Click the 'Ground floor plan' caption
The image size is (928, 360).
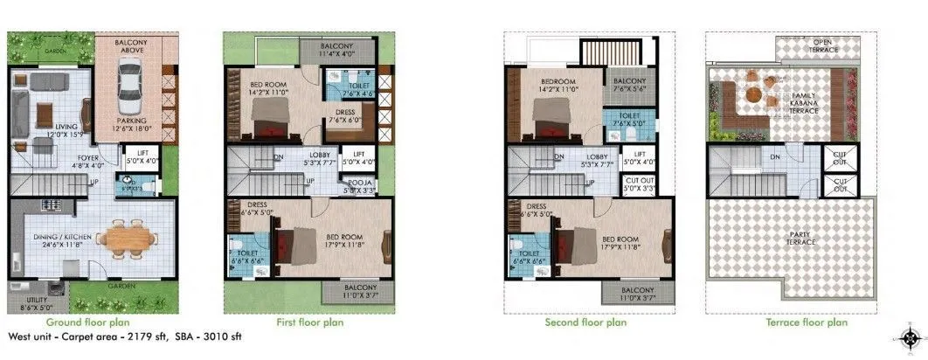(x=93, y=322)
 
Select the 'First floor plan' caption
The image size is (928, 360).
(x=310, y=322)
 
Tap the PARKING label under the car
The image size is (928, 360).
(x=131, y=121)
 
